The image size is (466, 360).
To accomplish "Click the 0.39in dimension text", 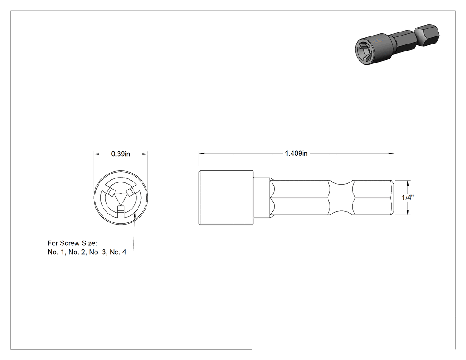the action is tap(121, 154).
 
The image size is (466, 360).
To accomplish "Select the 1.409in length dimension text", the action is tap(296, 154).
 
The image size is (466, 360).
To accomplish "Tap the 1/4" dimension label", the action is tap(408, 198).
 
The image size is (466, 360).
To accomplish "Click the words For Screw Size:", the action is tap(72, 243).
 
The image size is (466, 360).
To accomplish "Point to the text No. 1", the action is tap(55, 252).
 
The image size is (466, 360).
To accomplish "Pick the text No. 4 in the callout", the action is tap(118, 252).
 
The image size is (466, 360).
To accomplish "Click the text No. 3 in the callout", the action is tap(98, 252).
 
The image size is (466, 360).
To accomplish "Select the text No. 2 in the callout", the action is tap(77, 252).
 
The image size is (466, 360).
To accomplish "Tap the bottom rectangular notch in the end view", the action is tap(121, 209).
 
